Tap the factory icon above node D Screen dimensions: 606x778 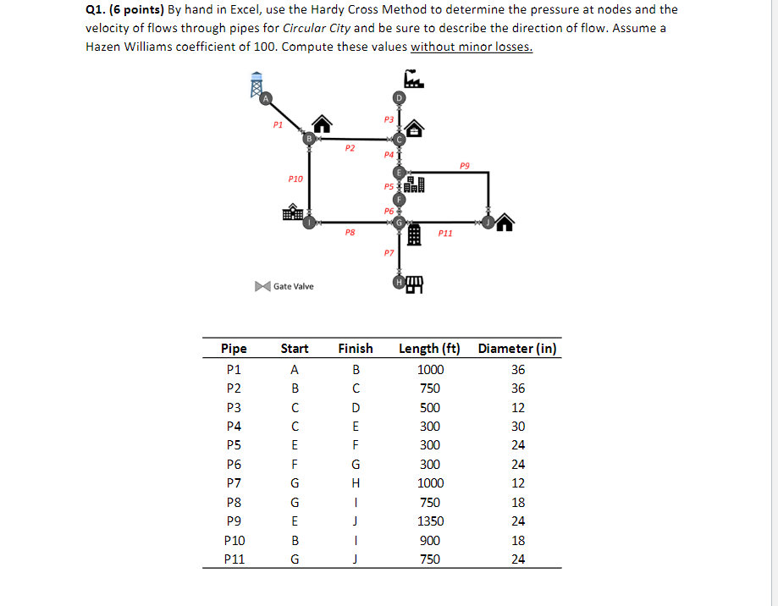[x=413, y=79]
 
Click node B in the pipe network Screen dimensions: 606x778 [x=309, y=139]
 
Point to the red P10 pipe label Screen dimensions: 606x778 [x=295, y=179]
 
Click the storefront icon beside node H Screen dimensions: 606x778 [x=415, y=284]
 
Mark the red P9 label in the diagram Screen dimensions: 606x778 [x=464, y=164]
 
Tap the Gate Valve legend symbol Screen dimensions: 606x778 [x=262, y=286]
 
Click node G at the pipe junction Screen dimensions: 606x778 [x=399, y=223]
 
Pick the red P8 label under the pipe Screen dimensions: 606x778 [x=350, y=232]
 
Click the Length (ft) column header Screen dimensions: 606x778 [x=429, y=349]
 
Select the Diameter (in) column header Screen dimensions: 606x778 [x=517, y=349]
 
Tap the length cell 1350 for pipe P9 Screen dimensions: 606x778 [x=430, y=521]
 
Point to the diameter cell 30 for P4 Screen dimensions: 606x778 [x=518, y=427]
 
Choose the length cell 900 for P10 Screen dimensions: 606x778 [x=430, y=540]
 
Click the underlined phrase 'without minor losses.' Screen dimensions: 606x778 [x=472, y=47]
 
